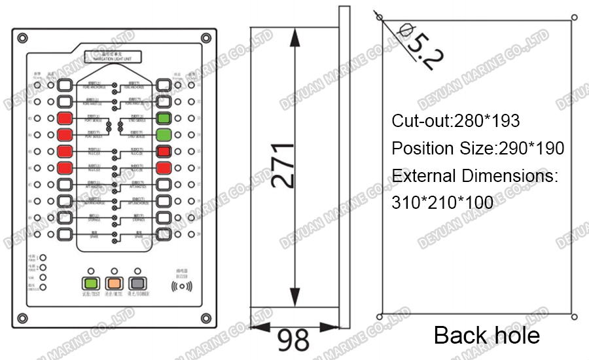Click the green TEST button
[90, 283]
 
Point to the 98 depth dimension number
[294, 340]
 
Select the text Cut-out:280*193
[455, 121]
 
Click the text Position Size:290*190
[478, 149]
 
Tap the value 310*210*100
[442, 203]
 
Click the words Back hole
[486, 335]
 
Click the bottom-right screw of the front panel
[206, 319]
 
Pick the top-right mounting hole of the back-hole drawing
[574, 18]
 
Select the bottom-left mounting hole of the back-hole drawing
[380, 317]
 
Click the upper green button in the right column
[164, 118]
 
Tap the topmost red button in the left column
[64, 118]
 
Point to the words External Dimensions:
[474, 176]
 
